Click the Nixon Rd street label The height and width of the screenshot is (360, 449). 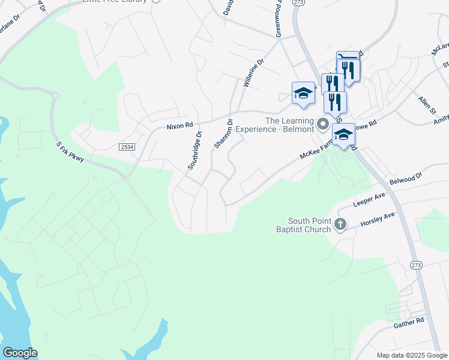click(179, 127)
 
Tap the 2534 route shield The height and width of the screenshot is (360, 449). click(127, 146)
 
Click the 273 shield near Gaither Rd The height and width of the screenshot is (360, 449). click(417, 265)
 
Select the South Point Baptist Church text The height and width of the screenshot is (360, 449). click(309, 225)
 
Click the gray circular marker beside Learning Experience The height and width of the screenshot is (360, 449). click(323, 125)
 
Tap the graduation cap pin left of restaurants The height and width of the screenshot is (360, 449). click(303, 94)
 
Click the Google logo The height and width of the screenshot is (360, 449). click(20, 353)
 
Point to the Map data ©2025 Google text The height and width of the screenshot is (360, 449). click(412, 355)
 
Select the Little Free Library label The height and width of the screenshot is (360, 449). click(115, 1)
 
